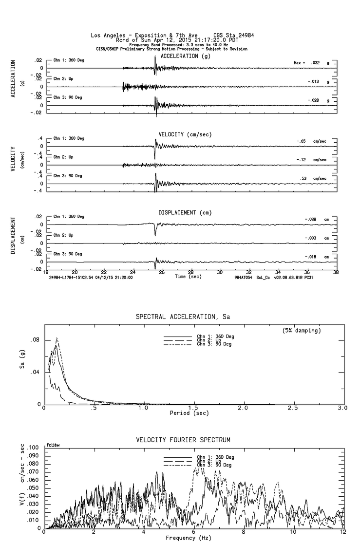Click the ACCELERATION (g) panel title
[x=186, y=56]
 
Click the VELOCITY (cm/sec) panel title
[x=185, y=134]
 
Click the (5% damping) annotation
[x=302, y=331]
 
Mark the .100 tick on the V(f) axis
[x=34, y=447]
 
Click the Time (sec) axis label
[x=188, y=276]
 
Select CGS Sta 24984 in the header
[x=233, y=36]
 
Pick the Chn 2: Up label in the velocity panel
[x=63, y=157]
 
